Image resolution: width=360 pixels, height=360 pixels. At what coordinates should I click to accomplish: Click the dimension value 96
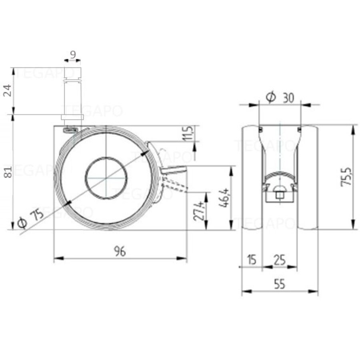point(120,251)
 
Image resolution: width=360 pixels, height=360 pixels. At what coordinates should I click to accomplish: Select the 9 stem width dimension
point(72,55)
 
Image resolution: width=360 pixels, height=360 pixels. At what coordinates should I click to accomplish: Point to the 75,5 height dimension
point(346,176)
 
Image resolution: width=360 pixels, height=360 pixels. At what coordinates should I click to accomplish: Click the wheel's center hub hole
point(106,178)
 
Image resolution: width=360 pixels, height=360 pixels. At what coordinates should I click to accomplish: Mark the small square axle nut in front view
point(280,196)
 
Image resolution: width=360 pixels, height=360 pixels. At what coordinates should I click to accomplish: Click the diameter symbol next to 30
point(270,97)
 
